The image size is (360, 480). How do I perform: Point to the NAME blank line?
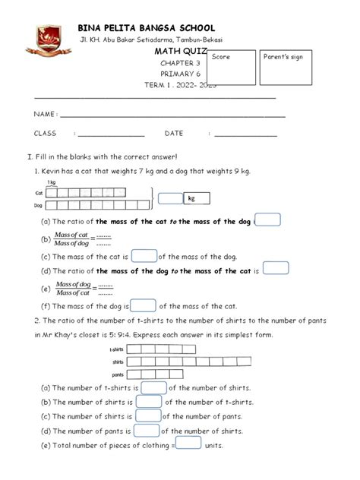coord(172,115)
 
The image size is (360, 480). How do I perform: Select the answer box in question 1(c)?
coord(144,257)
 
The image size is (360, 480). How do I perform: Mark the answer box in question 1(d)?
coord(275,269)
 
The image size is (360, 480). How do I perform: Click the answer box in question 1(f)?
coord(144,306)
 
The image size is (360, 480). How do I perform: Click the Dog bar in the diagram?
coord(99,205)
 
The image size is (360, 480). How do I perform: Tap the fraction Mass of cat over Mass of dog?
coord(72,238)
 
